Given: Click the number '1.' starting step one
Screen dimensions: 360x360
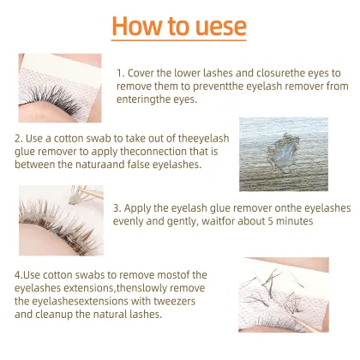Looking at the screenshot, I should click(x=119, y=74).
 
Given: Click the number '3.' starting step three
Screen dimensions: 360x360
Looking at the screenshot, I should click(x=117, y=207).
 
